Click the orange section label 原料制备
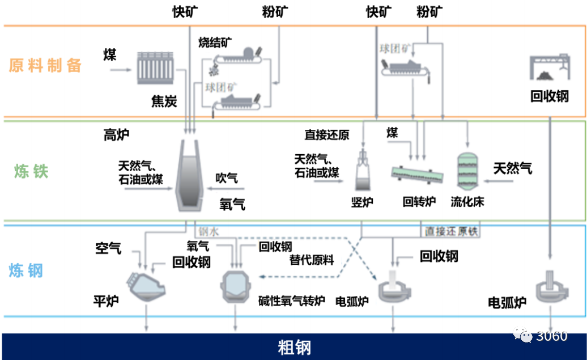click(x=45, y=66)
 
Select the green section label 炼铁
click(x=32, y=172)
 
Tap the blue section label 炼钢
click(x=26, y=271)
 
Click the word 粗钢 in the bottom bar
click(x=294, y=347)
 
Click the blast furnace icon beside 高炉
click(x=190, y=176)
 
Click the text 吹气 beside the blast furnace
click(x=227, y=178)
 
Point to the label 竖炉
click(x=362, y=202)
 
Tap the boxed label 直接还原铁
click(x=451, y=231)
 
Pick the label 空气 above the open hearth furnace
click(x=108, y=248)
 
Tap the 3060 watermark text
click(x=552, y=336)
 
